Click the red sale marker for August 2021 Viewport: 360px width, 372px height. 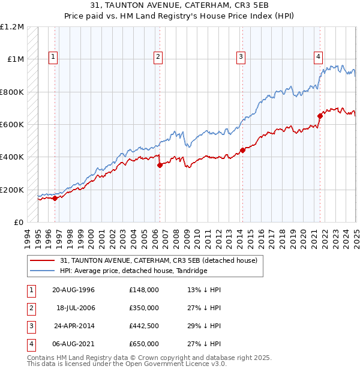(x=320, y=116)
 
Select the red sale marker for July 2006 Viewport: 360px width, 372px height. (x=160, y=165)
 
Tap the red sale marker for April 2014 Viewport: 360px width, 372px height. (x=242, y=150)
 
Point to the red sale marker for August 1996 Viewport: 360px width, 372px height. (x=55, y=198)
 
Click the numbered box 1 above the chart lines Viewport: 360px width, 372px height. (x=53, y=57)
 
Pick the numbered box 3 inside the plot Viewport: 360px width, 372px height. (x=241, y=57)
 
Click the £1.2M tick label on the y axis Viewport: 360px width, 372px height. (x=12, y=27)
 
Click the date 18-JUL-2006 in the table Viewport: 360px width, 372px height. (x=73, y=308)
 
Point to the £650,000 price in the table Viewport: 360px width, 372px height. (x=144, y=344)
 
